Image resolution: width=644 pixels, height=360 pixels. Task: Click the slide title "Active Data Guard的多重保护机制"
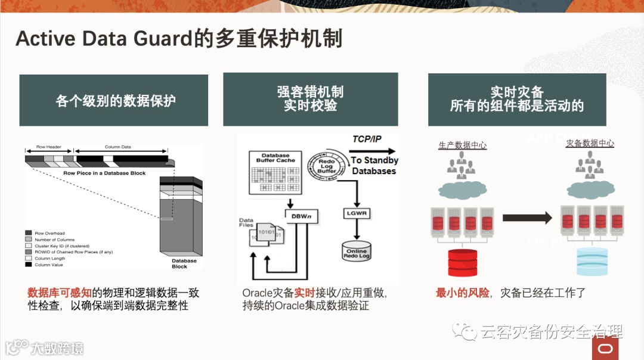pyautogui.click(x=179, y=39)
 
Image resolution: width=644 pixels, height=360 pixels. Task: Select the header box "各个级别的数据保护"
pyautogui.click(x=114, y=100)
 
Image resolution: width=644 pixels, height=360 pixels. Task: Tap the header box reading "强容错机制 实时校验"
pyautogui.click(x=310, y=100)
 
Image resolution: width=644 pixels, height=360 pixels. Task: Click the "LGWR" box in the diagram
pyautogui.click(x=356, y=213)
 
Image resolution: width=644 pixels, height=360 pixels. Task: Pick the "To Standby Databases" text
pyautogui.click(x=374, y=166)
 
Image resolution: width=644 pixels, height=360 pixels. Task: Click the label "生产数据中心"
pyautogui.click(x=462, y=145)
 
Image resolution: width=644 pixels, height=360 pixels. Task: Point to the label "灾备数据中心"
pyautogui.click(x=590, y=143)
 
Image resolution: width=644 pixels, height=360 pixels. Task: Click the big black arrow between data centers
pyautogui.click(x=527, y=218)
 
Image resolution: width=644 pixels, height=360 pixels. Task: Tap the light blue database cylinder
pyautogui.click(x=592, y=260)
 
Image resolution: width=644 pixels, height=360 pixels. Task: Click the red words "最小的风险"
pyautogui.click(x=462, y=293)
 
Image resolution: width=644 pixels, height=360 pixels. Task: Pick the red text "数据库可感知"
pyautogui.click(x=60, y=293)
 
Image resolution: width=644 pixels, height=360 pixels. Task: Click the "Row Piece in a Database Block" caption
pyautogui.click(x=104, y=173)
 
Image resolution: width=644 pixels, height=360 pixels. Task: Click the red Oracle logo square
pyautogui.click(x=605, y=348)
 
